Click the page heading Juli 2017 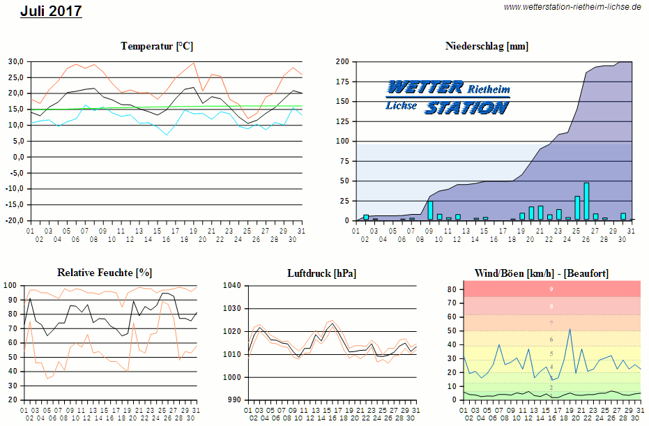coord(51,11)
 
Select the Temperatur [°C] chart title coord(157,46)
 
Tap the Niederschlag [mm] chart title coord(487,46)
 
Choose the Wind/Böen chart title coord(542,273)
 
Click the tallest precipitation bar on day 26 coord(586,201)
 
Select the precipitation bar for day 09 coord(430,211)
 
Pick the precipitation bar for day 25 coord(577,208)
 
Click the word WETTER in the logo coord(425,87)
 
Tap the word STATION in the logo coord(466,107)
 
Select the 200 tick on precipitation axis coord(342,61)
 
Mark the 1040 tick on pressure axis coord(231,286)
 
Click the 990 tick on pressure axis coord(233,400)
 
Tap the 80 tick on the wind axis coord(452,289)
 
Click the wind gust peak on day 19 coord(570,329)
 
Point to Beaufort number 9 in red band coord(551,289)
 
